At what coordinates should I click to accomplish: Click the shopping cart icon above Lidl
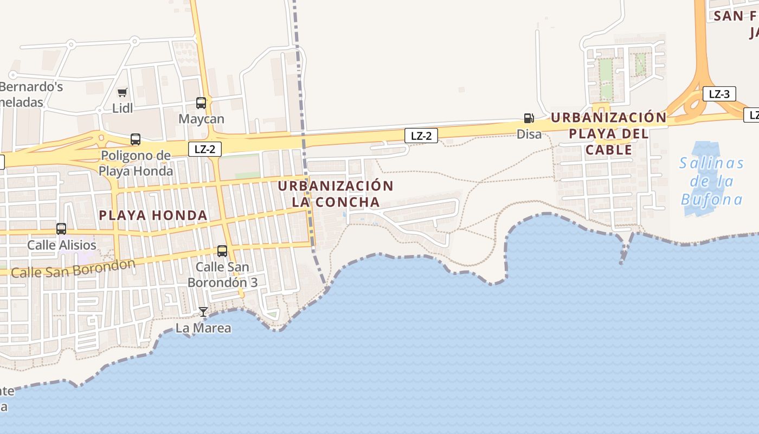pyautogui.click(x=123, y=93)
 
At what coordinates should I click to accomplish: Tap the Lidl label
pyautogui.click(x=123, y=108)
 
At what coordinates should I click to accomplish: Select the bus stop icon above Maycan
pyautogui.click(x=201, y=103)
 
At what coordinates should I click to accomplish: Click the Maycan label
pyautogui.click(x=202, y=119)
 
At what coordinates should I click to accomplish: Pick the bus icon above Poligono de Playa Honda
pyautogui.click(x=136, y=139)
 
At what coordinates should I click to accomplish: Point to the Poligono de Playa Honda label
pyautogui.click(x=136, y=163)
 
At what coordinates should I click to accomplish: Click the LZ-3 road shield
pyautogui.click(x=719, y=94)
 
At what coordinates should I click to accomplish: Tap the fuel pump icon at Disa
pyautogui.click(x=529, y=118)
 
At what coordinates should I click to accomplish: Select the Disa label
pyautogui.click(x=529, y=133)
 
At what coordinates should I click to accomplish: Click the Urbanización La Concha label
pyautogui.click(x=336, y=194)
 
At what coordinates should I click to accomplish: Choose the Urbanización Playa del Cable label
pyautogui.click(x=609, y=133)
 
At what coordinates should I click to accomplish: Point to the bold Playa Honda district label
pyautogui.click(x=153, y=215)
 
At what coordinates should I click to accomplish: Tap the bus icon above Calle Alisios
pyautogui.click(x=61, y=229)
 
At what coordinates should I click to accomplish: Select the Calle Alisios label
pyautogui.click(x=62, y=245)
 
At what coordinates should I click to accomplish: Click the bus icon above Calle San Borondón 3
pyautogui.click(x=222, y=251)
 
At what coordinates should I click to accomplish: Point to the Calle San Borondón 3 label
pyautogui.click(x=222, y=275)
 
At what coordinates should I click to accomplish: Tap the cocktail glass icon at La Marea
pyautogui.click(x=203, y=312)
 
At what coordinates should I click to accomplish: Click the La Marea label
pyautogui.click(x=203, y=328)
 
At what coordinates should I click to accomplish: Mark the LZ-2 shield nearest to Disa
pyautogui.click(x=421, y=136)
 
